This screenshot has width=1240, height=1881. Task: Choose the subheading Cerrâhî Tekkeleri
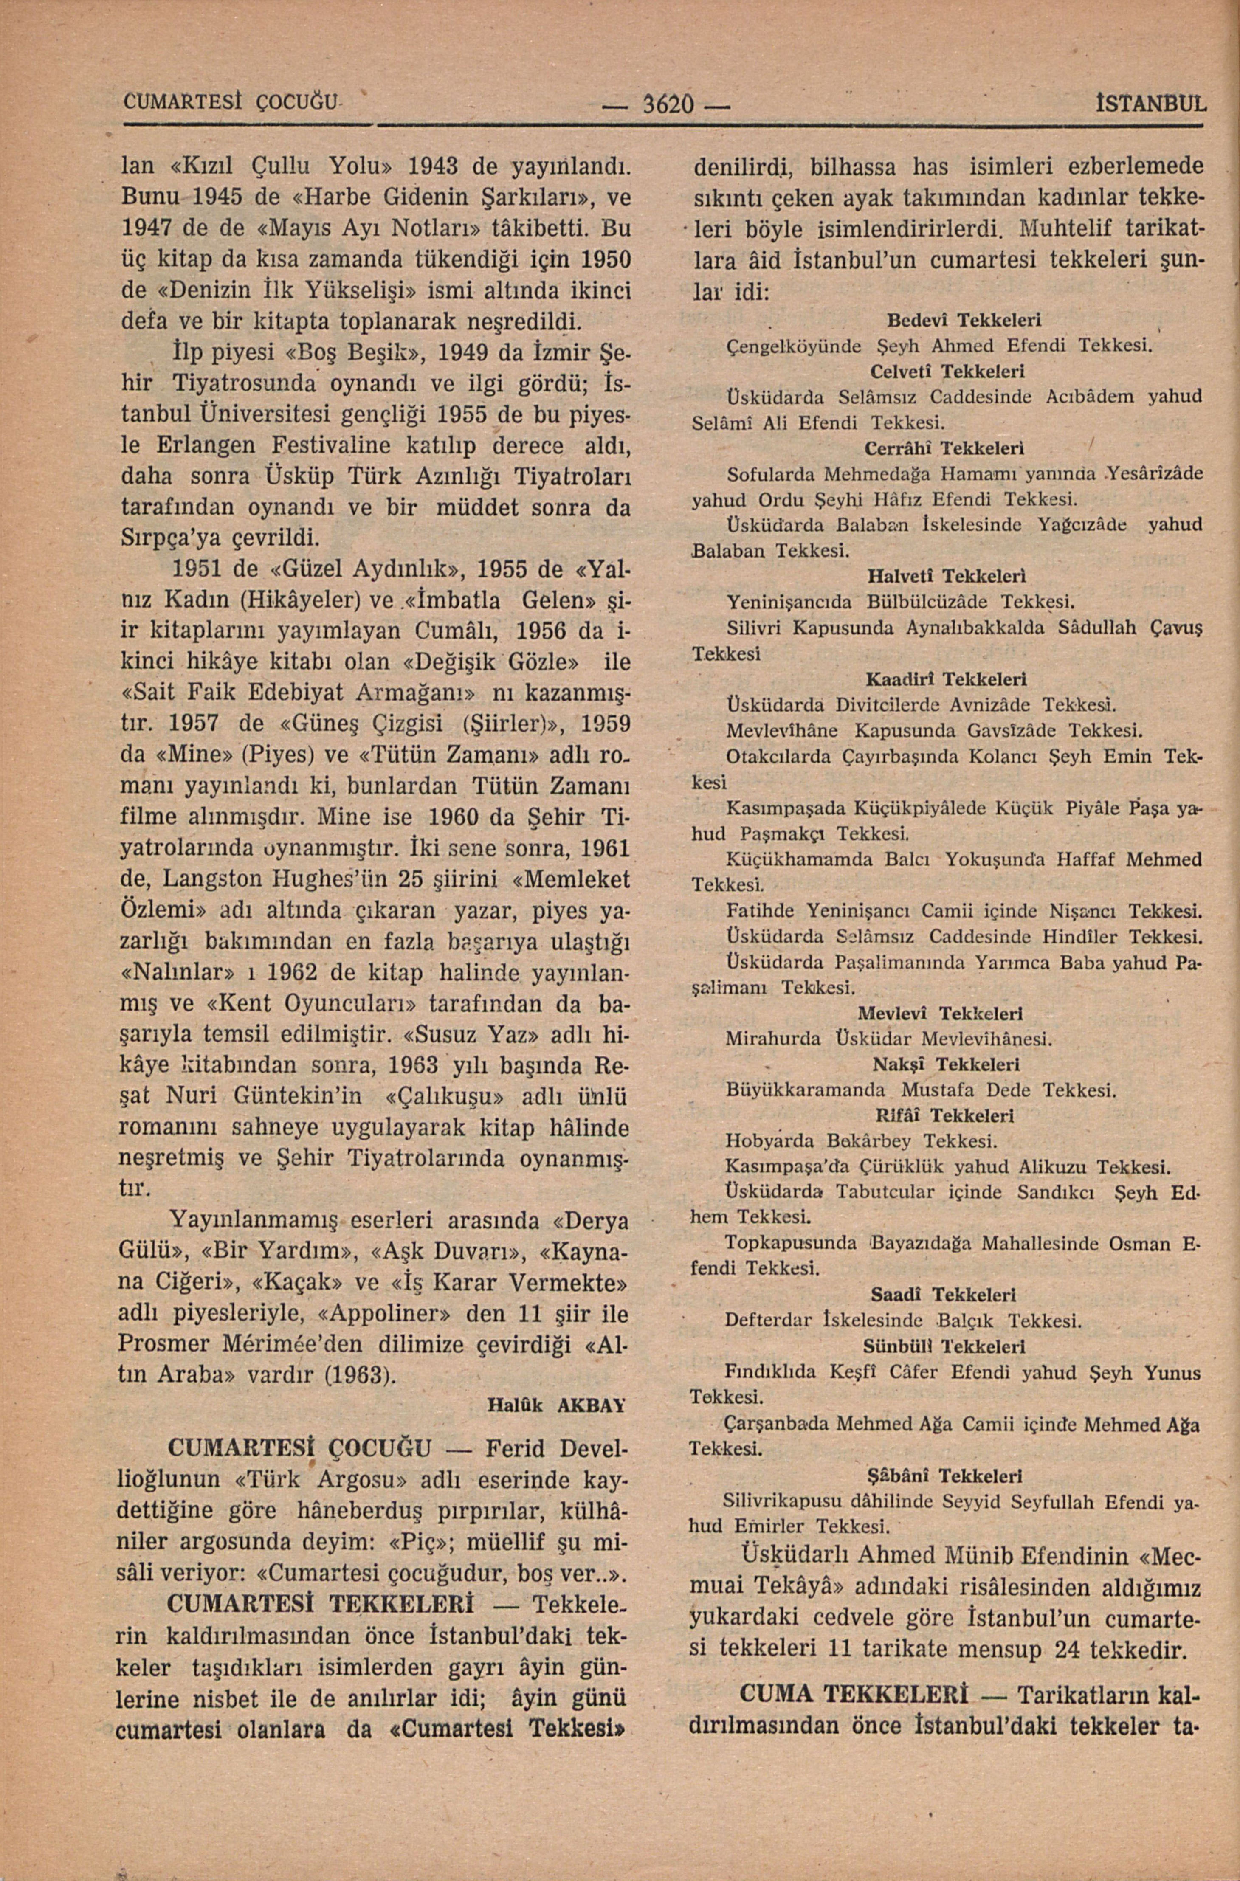(x=946, y=448)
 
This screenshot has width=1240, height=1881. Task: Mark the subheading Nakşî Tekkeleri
(x=946, y=1064)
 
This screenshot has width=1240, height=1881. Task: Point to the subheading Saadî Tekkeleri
(x=946, y=1295)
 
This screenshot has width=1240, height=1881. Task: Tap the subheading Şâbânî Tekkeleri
(x=946, y=1475)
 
